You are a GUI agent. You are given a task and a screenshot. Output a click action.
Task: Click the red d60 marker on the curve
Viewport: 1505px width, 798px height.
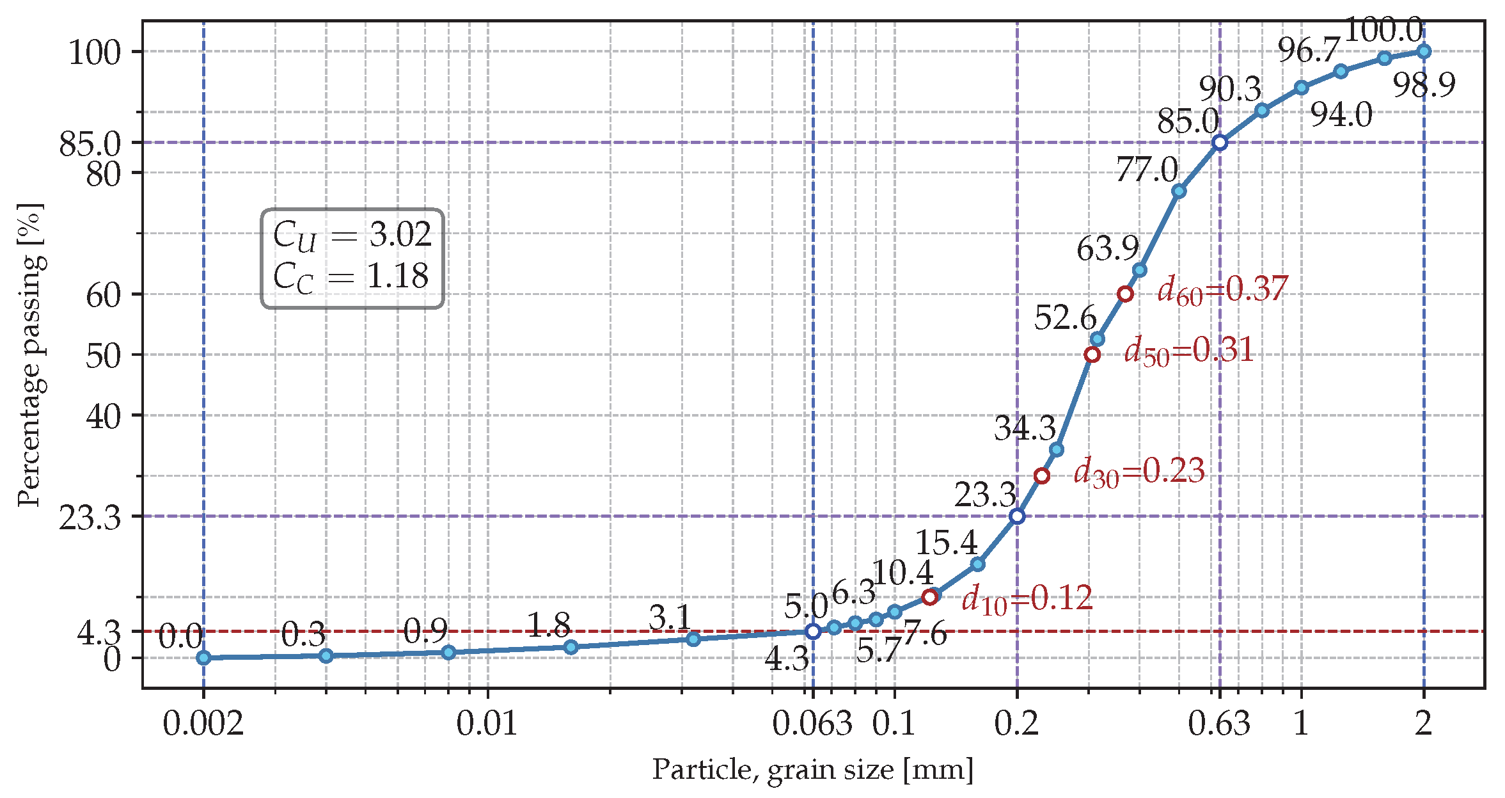point(1125,294)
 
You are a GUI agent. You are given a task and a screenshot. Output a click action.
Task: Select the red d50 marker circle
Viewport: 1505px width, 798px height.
point(1092,355)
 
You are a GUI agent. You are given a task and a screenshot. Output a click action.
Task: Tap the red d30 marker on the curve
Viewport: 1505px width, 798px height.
point(1042,475)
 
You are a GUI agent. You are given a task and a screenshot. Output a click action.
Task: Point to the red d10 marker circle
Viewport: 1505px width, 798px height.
point(930,597)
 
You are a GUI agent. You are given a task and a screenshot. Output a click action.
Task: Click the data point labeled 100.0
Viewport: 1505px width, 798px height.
point(1424,51)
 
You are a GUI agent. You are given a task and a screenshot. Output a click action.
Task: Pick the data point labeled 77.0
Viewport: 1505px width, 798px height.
point(1179,191)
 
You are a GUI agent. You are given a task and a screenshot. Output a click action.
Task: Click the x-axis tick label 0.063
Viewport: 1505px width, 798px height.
point(812,724)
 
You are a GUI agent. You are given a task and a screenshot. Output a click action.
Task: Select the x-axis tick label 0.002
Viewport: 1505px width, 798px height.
point(203,724)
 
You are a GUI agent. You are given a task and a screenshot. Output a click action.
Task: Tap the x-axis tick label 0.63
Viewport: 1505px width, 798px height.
point(1219,724)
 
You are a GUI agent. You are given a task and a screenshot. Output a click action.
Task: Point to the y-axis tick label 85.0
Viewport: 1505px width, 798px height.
point(90,145)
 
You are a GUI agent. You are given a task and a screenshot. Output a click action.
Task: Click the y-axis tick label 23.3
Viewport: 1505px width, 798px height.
point(90,518)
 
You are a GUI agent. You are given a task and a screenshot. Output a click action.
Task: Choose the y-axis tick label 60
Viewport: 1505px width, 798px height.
point(104,295)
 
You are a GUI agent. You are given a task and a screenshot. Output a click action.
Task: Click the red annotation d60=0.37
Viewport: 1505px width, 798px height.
point(1222,290)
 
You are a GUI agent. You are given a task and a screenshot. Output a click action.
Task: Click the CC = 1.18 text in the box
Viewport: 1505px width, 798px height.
point(351,277)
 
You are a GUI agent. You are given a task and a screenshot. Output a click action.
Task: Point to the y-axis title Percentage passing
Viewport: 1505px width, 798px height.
point(30,355)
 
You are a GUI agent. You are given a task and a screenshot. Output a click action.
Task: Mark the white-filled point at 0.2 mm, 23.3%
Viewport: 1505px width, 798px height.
point(1017,516)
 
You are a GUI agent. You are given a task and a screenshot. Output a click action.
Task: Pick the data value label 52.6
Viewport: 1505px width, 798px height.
point(1065,317)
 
